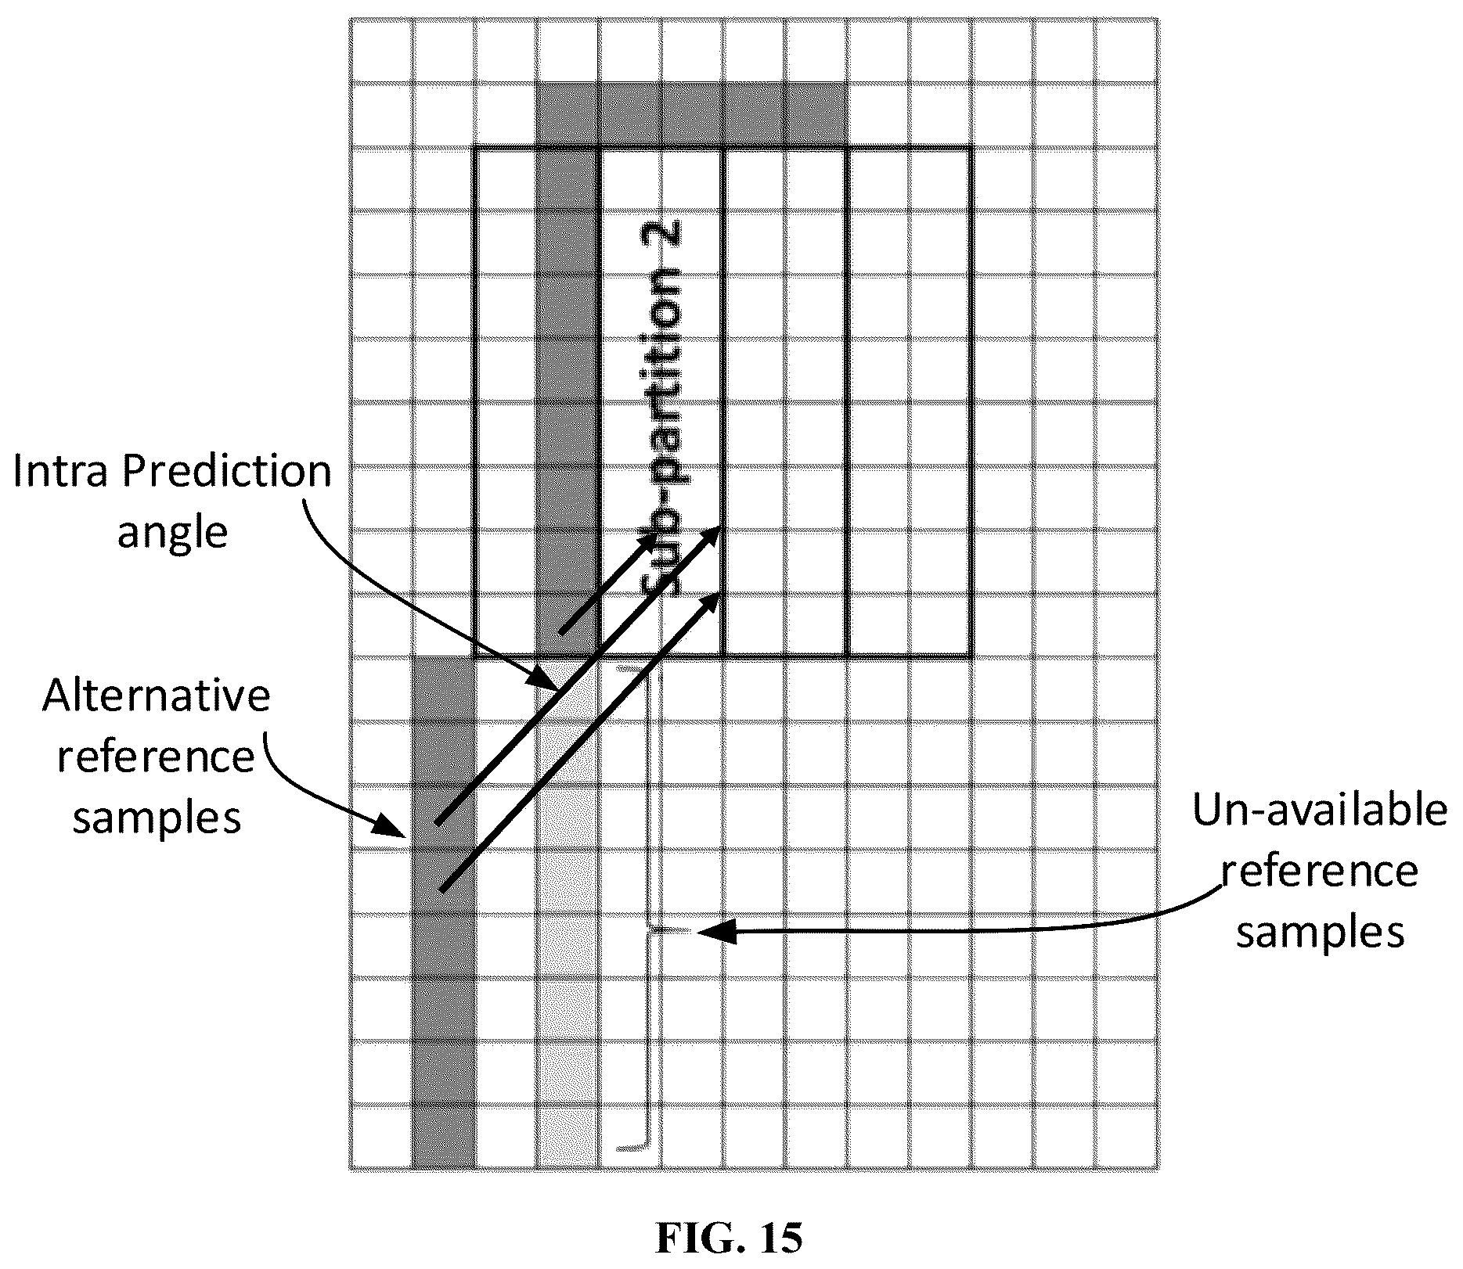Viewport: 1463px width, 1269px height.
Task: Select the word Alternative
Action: pos(157,696)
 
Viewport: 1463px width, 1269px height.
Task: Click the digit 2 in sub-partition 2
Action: pos(662,238)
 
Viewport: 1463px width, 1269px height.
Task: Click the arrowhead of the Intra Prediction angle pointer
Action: pos(544,678)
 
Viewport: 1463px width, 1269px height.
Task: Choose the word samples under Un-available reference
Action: pos(1320,933)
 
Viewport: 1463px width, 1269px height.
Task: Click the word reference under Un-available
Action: pos(1320,872)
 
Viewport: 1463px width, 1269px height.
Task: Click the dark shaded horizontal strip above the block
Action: pos(691,114)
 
